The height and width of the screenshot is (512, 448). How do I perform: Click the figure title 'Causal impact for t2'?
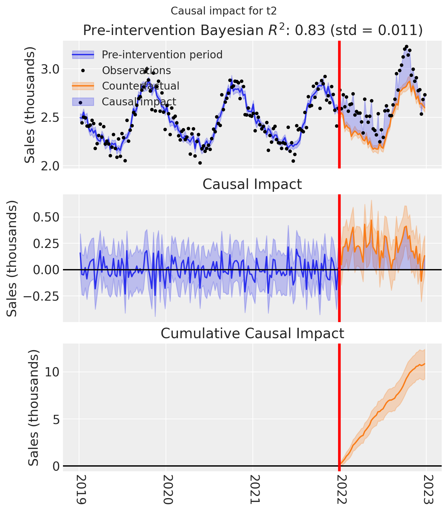pos(224,11)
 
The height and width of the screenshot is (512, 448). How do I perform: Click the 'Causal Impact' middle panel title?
pos(252,184)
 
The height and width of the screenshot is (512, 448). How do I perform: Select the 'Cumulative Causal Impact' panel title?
pos(252,333)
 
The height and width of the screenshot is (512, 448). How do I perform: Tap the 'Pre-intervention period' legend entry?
pos(162,55)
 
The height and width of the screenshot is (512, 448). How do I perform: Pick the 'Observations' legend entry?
pos(136,70)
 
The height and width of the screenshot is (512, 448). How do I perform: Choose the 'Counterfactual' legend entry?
pos(140,86)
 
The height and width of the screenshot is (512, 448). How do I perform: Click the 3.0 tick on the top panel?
pos(50,69)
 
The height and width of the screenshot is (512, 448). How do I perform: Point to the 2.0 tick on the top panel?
pos(50,166)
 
